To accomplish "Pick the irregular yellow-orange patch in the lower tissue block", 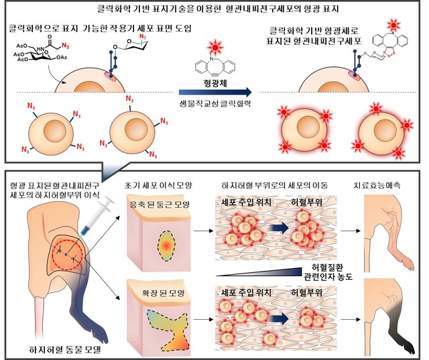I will point(166,327).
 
